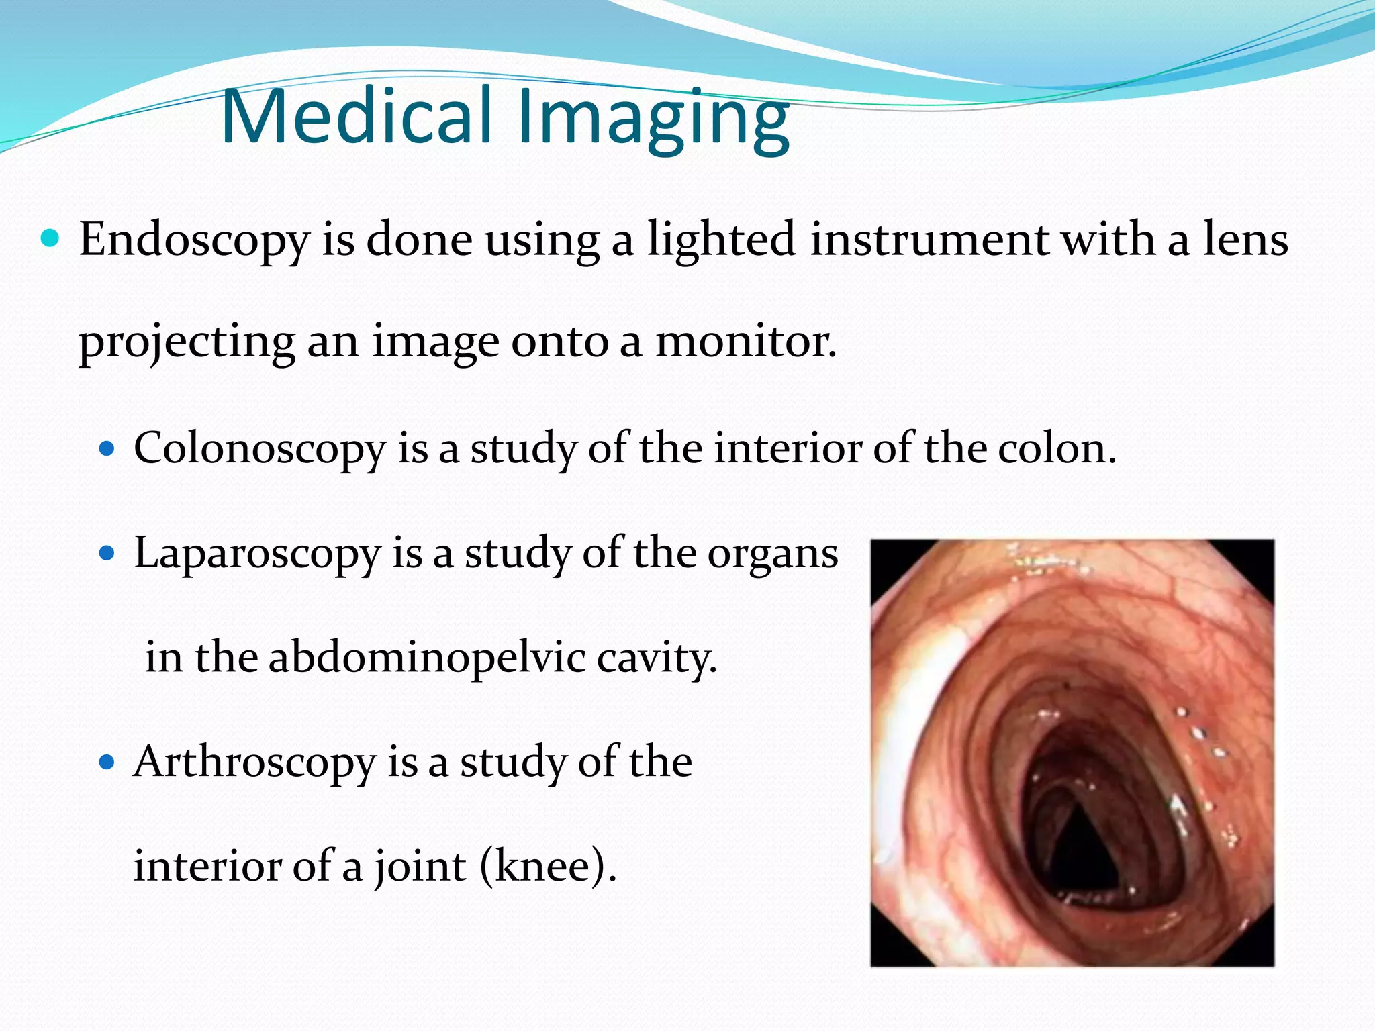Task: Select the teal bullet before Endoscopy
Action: [x=50, y=238]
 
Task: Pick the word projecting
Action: [x=187, y=344]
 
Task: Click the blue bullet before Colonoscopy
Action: [x=107, y=448]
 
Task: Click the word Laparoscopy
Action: [x=258, y=554]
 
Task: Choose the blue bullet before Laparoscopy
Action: [x=107, y=554]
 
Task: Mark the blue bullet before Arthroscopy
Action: [x=107, y=763]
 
